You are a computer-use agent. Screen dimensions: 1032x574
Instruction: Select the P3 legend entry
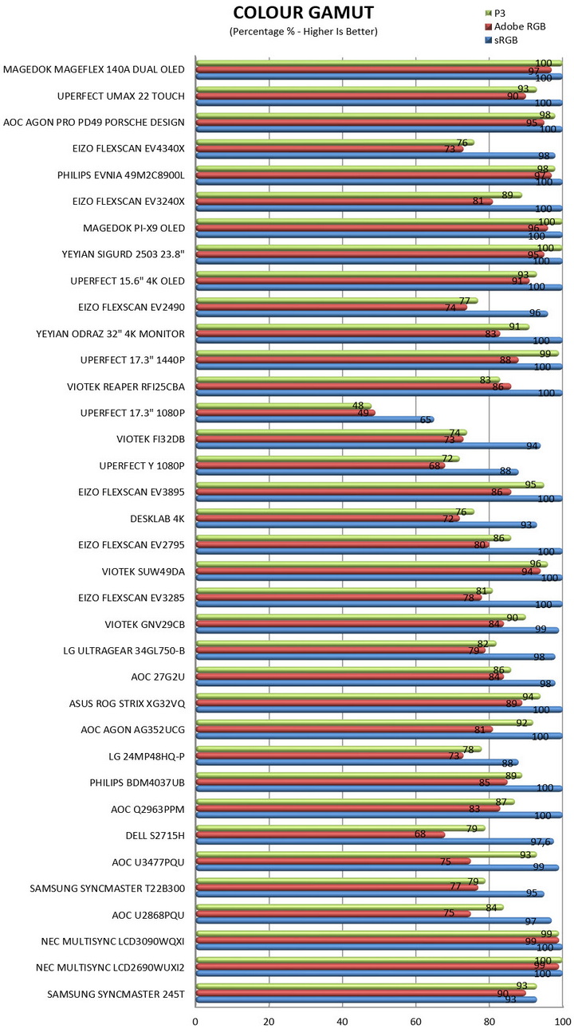point(501,13)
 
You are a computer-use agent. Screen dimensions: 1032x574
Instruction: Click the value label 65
point(427,420)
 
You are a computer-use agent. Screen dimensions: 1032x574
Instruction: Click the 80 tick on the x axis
point(489,1020)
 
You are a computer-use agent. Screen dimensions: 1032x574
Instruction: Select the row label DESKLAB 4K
point(157,518)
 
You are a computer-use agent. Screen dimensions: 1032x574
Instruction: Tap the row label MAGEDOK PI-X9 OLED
point(134,228)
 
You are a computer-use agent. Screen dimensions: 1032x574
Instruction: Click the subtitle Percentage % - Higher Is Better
point(303,31)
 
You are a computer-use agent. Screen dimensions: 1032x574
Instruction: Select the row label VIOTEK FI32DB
point(151,439)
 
